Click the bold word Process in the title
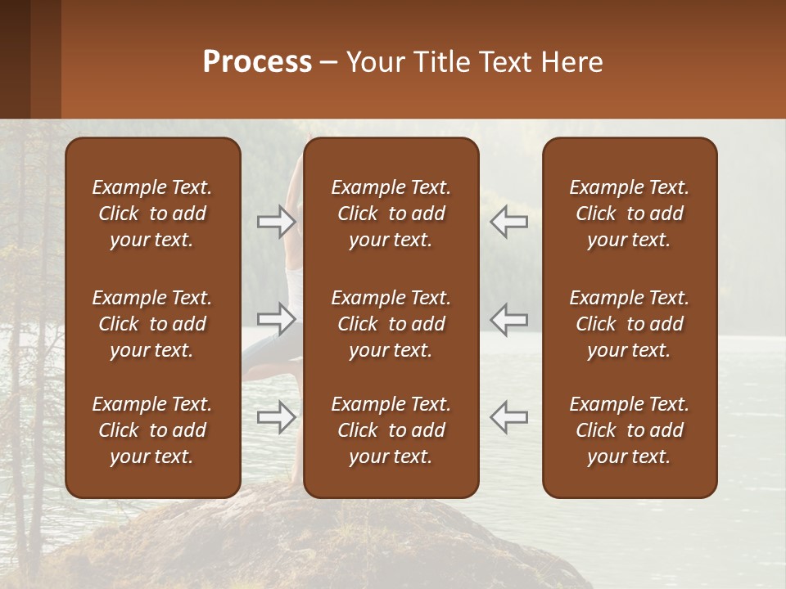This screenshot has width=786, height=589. click(257, 62)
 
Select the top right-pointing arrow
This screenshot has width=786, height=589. click(277, 221)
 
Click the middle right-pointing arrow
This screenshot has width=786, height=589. click(277, 318)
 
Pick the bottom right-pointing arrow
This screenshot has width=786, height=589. click(277, 416)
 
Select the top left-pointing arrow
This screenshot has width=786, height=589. click(508, 221)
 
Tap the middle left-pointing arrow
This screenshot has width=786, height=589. click(508, 318)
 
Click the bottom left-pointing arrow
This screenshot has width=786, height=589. click(508, 416)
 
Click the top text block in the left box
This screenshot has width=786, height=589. click(152, 214)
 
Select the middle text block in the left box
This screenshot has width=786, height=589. click(152, 324)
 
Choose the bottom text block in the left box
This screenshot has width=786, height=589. click(152, 430)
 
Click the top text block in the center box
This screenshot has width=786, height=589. click(391, 214)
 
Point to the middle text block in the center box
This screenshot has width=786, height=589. click(391, 324)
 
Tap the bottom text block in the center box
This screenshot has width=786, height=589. click(391, 430)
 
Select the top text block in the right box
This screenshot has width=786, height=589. click(629, 214)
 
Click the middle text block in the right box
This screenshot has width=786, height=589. click(629, 324)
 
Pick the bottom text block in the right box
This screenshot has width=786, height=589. click(629, 430)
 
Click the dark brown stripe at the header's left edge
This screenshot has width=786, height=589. click(15, 59)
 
